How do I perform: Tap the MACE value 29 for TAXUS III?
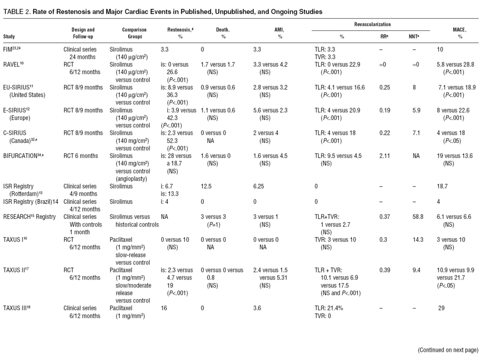click(441, 308)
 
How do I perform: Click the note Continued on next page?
click(447, 350)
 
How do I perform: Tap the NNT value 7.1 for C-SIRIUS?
click(414, 134)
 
